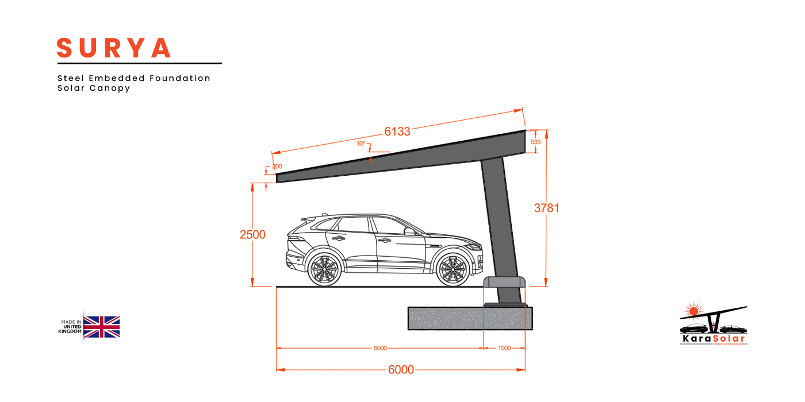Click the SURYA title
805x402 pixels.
[114, 48]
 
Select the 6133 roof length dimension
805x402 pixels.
[397, 132]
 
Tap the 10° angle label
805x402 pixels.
[361, 144]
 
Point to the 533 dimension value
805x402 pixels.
[535, 142]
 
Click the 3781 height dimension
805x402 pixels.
[546, 208]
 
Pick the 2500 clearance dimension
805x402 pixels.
[252, 234]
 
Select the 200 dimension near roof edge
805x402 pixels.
[277, 167]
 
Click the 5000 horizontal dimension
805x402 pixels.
[380, 348]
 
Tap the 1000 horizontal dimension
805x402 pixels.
[504, 348]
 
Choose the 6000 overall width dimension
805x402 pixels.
[401, 370]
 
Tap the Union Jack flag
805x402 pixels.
[102, 327]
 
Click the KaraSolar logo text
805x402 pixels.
[712, 338]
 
